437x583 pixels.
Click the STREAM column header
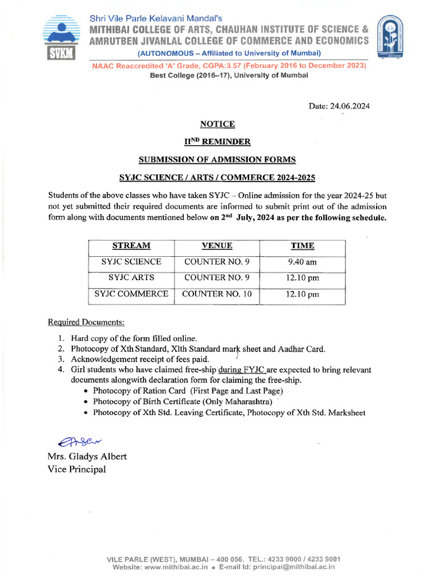(x=131, y=246)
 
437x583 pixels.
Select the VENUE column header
(x=217, y=246)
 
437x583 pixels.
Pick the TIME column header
(x=302, y=246)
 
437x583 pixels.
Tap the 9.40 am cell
(x=302, y=262)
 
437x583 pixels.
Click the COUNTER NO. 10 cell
(x=217, y=294)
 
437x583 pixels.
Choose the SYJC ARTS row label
(x=131, y=278)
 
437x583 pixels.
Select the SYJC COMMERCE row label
(x=131, y=294)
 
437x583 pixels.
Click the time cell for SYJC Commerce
(x=302, y=294)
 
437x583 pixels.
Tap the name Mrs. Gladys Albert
(x=87, y=457)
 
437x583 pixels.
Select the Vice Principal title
(x=77, y=469)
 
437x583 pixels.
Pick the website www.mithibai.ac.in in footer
(x=176, y=567)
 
